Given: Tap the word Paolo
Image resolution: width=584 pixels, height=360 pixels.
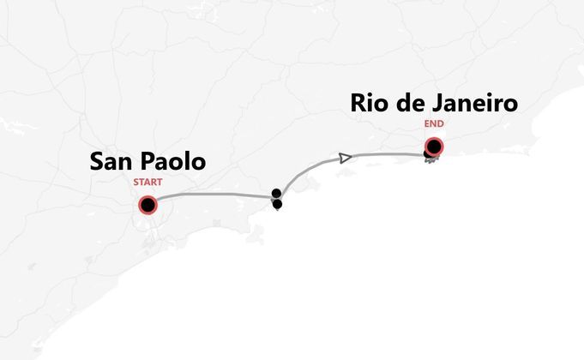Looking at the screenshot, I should tap(174, 161).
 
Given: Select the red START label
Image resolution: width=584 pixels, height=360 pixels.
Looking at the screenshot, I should tap(148, 182).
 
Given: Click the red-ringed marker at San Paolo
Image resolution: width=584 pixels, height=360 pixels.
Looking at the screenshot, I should tap(148, 206).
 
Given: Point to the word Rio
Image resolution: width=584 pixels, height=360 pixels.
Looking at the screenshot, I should tap(371, 104).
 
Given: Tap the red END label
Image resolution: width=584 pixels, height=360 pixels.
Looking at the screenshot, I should tap(434, 123).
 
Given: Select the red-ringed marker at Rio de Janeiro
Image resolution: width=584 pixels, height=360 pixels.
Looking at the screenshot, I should tap(434, 147).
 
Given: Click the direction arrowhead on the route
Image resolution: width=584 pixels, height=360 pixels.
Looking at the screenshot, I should tap(345, 158).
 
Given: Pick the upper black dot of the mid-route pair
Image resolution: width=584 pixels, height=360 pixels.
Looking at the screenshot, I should tap(276, 193).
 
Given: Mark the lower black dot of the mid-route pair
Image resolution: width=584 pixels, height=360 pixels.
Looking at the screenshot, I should tap(277, 204).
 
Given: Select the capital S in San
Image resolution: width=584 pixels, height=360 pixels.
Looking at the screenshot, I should tap(98, 161).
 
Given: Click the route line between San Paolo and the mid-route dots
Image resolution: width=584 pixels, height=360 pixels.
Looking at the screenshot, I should tap(214, 195).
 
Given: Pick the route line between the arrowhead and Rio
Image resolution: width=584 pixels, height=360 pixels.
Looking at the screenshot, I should tap(390, 154).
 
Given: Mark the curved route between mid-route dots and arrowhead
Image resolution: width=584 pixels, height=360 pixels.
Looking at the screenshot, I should tap(304, 172).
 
